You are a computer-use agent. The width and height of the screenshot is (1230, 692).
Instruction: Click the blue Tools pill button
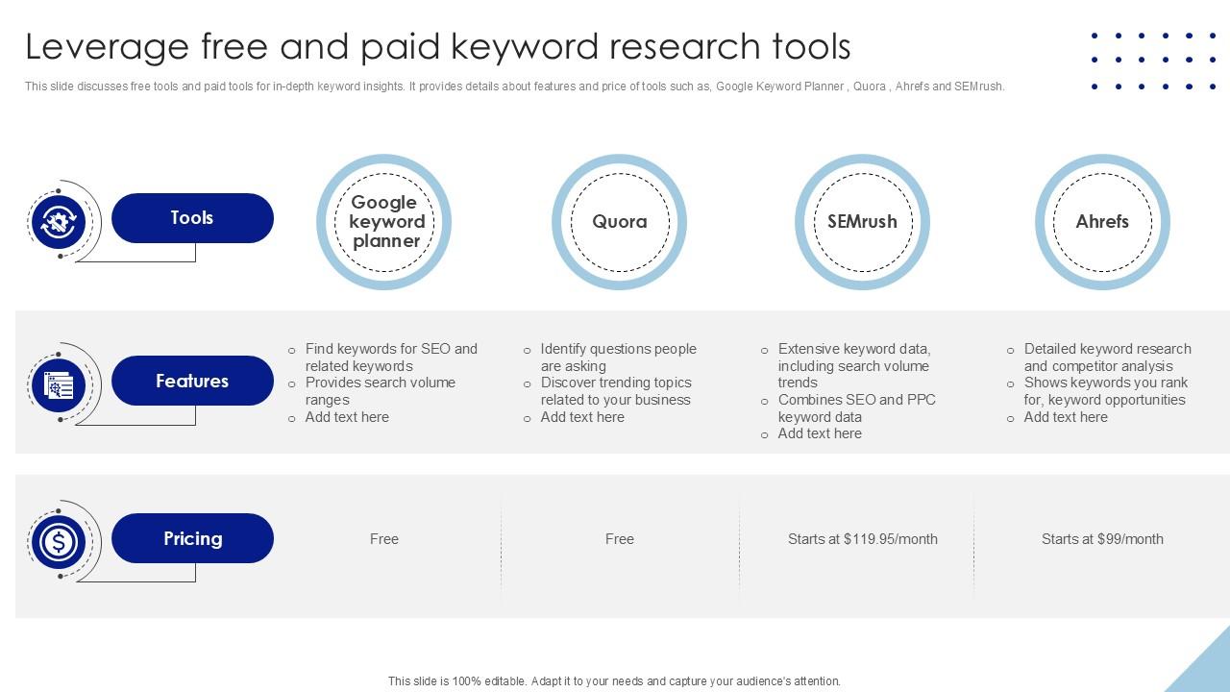[x=192, y=218]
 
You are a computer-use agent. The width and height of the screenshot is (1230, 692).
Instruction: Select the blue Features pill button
[x=192, y=381]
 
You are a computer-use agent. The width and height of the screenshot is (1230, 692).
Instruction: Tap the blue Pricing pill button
[x=192, y=538]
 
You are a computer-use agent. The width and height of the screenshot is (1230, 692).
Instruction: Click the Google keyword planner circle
[x=384, y=222]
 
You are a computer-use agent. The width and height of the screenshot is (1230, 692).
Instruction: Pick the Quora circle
[x=619, y=222]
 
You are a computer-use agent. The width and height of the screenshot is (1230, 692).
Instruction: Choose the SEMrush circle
[x=862, y=222]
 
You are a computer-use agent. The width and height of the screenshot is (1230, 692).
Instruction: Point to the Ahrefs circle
[x=1102, y=222]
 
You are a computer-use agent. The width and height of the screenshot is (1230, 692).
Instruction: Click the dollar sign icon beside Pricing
[x=59, y=542]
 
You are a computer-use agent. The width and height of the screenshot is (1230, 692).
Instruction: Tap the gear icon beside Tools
[x=59, y=222]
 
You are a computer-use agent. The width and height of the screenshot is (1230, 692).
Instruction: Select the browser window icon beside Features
[x=59, y=385]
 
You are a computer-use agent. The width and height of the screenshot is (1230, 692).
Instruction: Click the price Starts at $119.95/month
[x=862, y=539]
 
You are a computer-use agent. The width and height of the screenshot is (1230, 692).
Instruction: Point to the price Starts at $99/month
[x=1102, y=539]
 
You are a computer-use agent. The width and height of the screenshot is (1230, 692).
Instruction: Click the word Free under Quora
[x=619, y=539]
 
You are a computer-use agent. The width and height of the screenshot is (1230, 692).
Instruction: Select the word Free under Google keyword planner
[x=383, y=539]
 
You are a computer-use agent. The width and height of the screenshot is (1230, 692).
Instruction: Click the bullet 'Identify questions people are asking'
[x=617, y=358]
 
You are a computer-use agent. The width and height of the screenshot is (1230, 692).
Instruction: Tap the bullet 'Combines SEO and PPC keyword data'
[x=855, y=408]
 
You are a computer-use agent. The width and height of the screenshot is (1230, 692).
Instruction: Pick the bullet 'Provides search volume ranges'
[x=380, y=391]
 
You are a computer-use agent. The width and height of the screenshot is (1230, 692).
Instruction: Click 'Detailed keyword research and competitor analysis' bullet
[x=1106, y=358]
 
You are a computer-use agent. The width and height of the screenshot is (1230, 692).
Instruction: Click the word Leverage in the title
[x=107, y=46]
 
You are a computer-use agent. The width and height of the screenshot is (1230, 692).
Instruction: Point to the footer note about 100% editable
[x=614, y=681]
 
